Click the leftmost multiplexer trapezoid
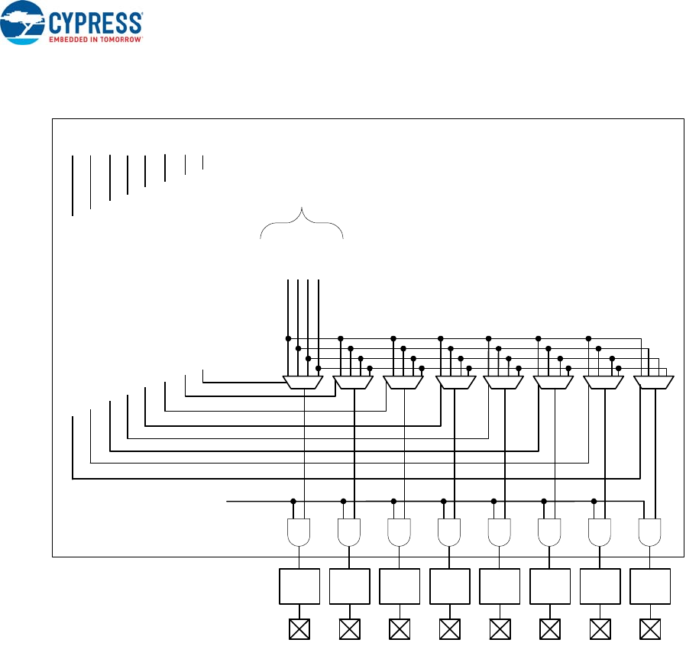click(303, 382)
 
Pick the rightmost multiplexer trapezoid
click(654, 382)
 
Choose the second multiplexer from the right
click(603, 382)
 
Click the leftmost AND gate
click(299, 531)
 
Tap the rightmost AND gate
click(650, 531)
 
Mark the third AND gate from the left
click(399, 531)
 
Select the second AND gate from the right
click(600, 531)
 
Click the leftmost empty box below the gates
click(299, 586)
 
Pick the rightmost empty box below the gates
click(650, 586)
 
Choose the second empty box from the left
click(349, 586)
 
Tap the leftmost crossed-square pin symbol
click(299, 629)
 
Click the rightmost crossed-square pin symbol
click(650, 629)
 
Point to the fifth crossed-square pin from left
click(500, 629)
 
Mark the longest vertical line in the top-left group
click(73, 185)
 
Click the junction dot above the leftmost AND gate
click(293, 502)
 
